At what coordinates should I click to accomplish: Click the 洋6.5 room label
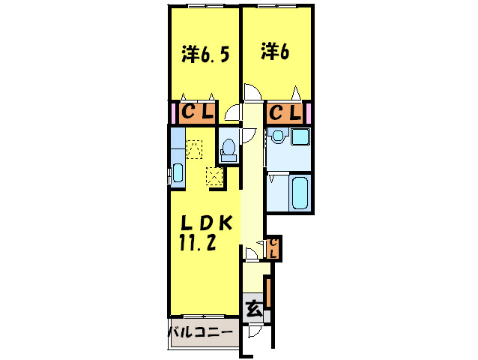(x=205, y=55)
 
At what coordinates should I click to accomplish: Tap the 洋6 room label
(x=275, y=52)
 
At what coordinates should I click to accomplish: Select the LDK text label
(x=207, y=223)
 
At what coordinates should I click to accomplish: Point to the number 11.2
(x=198, y=243)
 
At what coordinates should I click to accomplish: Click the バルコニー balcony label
(x=201, y=332)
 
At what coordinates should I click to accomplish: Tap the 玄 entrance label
(x=254, y=309)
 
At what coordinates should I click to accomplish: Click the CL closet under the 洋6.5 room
(x=197, y=112)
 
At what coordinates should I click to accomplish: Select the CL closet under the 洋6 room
(x=285, y=112)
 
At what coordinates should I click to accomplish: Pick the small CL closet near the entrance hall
(x=273, y=248)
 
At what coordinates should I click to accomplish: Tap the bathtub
(x=300, y=192)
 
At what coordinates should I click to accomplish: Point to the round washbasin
(x=278, y=136)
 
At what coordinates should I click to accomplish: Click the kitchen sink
(x=178, y=173)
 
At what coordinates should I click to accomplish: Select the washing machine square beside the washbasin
(x=300, y=136)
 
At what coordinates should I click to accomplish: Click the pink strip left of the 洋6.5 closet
(x=174, y=112)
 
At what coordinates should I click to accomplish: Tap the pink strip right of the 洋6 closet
(x=309, y=112)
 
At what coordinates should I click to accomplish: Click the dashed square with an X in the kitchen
(x=214, y=176)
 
